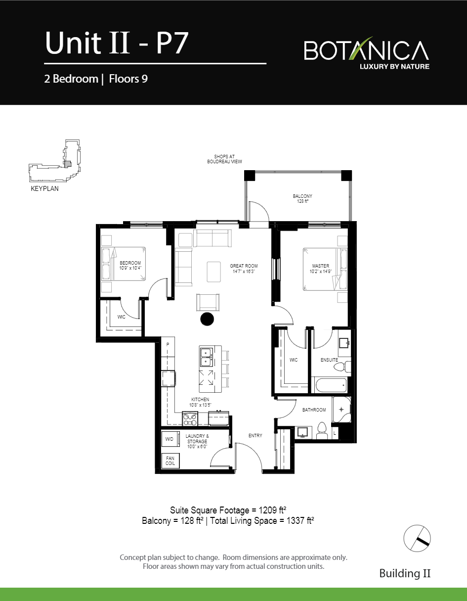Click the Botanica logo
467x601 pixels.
[x=367, y=52]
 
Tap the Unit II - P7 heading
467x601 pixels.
[x=117, y=43]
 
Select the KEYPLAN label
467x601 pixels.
[x=45, y=188]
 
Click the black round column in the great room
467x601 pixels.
[x=207, y=319]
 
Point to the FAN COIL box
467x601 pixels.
[x=170, y=461]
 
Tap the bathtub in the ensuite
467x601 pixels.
[x=331, y=385]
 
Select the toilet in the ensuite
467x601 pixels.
[x=342, y=367]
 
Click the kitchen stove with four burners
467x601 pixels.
[x=190, y=419]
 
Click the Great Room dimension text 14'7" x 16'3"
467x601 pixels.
[x=244, y=272]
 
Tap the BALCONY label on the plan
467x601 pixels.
[x=302, y=196]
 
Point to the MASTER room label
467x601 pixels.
[x=321, y=266]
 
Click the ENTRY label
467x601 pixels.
[x=255, y=436]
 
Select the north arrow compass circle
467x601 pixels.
[x=417, y=538]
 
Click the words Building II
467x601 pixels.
[x=405, y=573]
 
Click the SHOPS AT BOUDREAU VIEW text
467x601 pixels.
[x=224, y=159]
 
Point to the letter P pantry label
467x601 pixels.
[x=168, y=345]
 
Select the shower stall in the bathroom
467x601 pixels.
[x=341, y=410]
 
